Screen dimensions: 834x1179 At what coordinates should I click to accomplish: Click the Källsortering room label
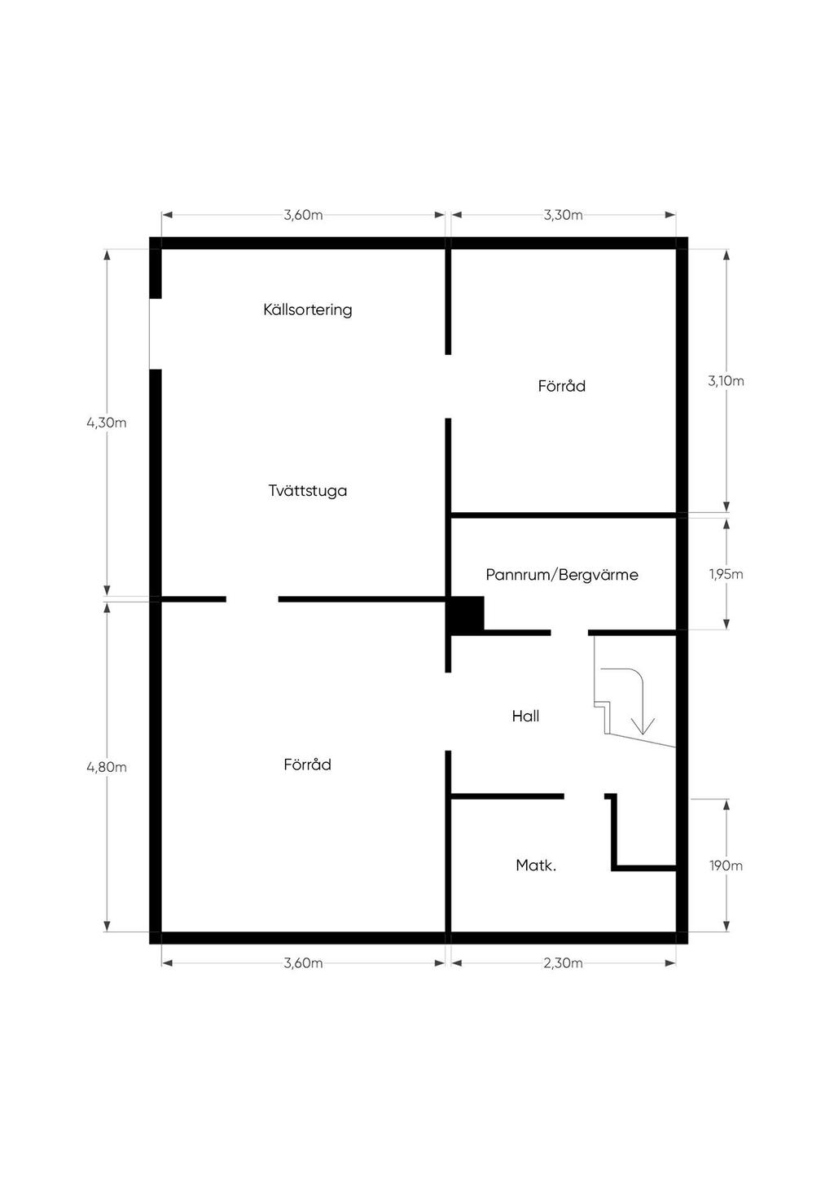308,309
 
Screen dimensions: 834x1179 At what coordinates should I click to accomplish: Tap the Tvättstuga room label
308,490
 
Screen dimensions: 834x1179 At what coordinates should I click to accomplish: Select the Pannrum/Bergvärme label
562,574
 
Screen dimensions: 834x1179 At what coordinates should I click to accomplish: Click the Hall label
525,716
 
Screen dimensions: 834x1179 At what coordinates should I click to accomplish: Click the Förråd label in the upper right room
562,386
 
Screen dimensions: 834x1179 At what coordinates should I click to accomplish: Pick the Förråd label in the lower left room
308,765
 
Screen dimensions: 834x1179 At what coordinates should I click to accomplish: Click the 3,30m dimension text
564,215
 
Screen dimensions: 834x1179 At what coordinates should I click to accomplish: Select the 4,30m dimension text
107,423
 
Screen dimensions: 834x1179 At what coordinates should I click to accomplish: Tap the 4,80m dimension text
107,767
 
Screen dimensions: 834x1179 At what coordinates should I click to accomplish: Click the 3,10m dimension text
726,381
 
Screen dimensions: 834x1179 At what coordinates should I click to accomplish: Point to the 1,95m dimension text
726,574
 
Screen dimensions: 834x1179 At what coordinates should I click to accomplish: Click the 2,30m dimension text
564,963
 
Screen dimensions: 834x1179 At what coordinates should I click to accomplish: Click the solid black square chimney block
465,614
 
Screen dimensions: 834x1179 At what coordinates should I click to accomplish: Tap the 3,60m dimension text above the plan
303,215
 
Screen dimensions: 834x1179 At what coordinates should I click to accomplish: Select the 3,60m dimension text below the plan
303,963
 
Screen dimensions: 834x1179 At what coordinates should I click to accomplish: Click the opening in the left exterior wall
156,334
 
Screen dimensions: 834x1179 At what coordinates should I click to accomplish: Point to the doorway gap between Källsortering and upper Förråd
448,386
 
